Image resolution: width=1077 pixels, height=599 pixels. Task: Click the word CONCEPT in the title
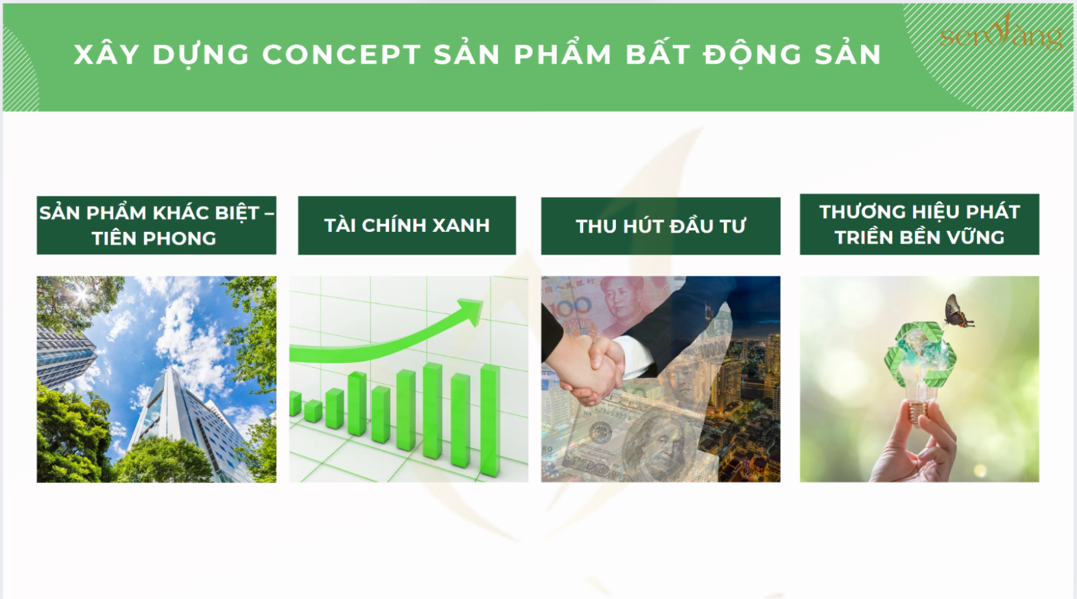pos(342,54)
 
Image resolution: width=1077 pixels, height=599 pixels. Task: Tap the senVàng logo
pos(1002,32)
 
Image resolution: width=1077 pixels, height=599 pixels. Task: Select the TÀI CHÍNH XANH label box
pos(407,225)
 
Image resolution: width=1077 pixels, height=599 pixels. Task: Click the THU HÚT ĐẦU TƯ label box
pos(661,226)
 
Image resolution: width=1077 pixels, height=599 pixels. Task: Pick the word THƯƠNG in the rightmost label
pos(859,211)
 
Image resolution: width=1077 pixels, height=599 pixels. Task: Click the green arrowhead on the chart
pos(471,310)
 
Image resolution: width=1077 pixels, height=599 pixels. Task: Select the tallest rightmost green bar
pos(490,421)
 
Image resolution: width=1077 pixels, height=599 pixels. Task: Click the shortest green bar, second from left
pos(313,412)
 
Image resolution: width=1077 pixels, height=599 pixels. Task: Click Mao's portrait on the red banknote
pos(623,302)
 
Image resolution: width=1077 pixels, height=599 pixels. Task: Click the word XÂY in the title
pos(107,54)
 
